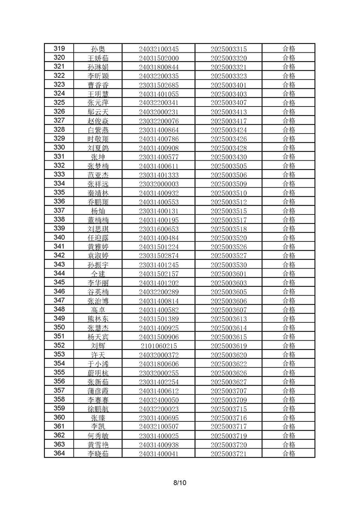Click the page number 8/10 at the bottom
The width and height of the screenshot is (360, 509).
tap(180, 483)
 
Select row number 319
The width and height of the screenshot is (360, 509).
tap(59, 49)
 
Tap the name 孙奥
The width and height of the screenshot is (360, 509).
tap(98, 49)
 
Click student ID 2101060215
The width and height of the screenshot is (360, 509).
tap(159, 346)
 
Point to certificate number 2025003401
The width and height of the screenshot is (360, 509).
tap(229, 85)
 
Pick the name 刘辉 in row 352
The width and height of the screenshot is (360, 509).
tap(98, 346)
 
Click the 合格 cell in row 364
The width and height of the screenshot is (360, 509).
tap(289, 453)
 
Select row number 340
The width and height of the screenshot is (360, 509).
tap(59, 237)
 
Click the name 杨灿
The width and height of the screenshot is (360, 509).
tap(98, 211)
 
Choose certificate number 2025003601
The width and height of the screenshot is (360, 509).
tap(229, 274)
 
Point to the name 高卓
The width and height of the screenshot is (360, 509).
tap(98, 310)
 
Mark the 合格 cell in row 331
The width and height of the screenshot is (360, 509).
tap(289, 157)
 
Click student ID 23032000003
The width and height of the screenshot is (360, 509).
tap(159, 184)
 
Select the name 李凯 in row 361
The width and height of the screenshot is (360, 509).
tap(98, 427)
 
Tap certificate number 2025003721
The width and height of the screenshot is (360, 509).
tap(229, 454)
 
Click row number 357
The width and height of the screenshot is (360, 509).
tap(59, 390)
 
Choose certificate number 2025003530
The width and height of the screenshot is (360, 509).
tap(229, 265)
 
